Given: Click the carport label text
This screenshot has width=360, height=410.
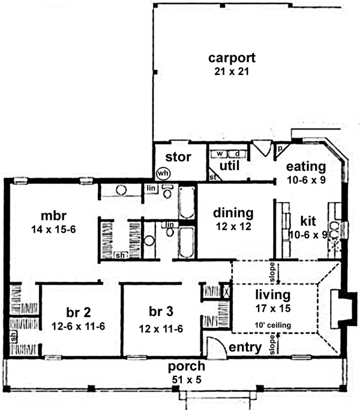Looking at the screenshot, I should (x=232, y=58).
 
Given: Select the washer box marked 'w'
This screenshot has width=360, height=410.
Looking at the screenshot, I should (x=220, y=154).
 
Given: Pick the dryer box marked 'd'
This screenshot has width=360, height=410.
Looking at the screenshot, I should (x=236, y=154).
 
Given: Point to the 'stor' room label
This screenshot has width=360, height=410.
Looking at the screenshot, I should (x=178, y=158).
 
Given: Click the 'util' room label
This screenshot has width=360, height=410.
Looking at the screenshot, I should (x=229, y=164).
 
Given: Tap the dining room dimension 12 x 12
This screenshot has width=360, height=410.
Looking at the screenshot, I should (x=233, y=226).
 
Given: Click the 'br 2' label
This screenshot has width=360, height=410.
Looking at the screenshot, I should (x=78, y=313).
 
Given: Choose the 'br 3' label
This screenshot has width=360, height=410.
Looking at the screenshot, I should (x=161, y=313).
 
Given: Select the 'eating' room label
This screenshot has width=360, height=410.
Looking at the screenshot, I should (x=305, y=166).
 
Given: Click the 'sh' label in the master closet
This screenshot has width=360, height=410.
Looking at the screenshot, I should (x=120, y=255).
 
